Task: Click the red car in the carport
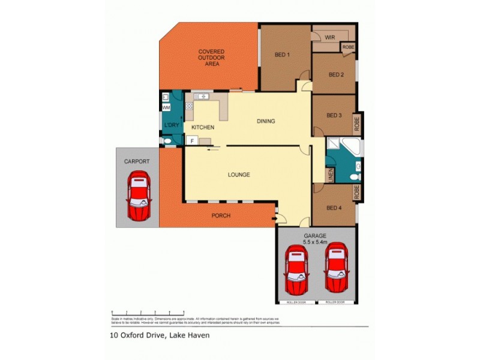click(x=139, y=196)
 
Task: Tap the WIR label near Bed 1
click(x=329, y=37)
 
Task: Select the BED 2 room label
click(x=336, y=75)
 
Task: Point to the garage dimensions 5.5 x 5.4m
click(x=315, y=243)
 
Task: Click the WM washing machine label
click(x=166, y=107)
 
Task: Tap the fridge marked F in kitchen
click(x=191, y=141)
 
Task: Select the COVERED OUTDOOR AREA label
click(x=211, y=58)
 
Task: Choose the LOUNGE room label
click(x=238, y=175)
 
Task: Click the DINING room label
click(x=266, y=121)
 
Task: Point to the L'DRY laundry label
click(x=172, y=125)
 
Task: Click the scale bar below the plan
click(x=148, y=313)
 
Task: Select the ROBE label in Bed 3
click(x=356, y=124)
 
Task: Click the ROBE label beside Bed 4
click(x=356, y=192)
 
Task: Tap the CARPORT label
click(x=137, y=162)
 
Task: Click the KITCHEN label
click(x=203, y=128)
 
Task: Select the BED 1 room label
click(x=282, y=55)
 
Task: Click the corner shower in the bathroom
click(x=347, y=145)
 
